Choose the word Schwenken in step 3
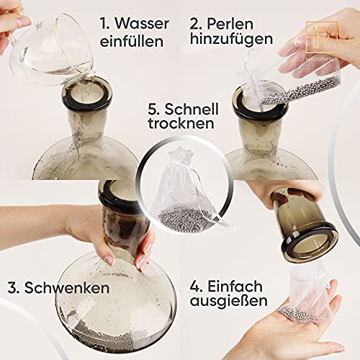(x=71, y=288)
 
